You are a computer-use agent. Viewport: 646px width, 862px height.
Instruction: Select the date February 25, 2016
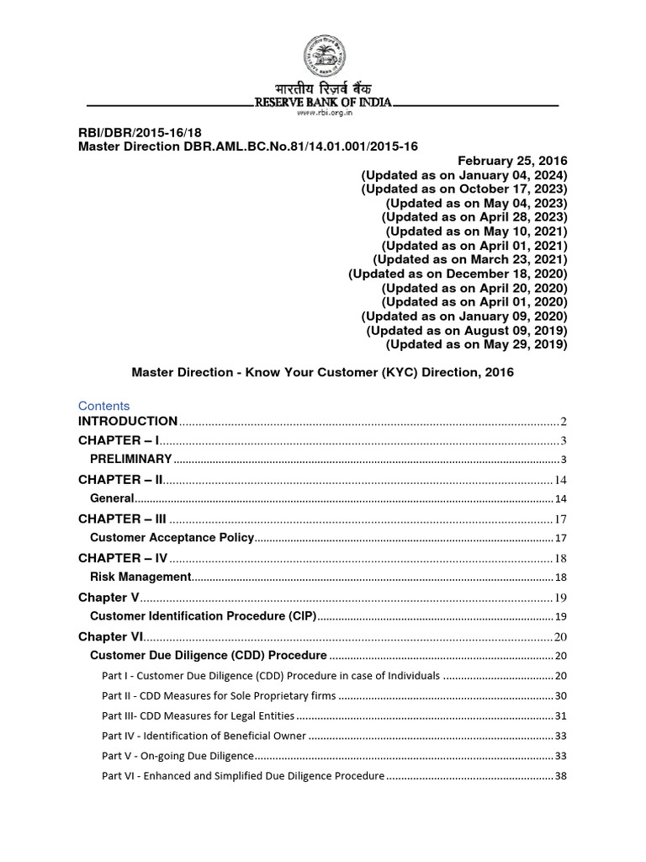point(513,161)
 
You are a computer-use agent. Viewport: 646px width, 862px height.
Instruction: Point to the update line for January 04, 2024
point(464,175)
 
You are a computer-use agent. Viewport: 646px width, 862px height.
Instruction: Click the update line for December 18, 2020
point(458,274)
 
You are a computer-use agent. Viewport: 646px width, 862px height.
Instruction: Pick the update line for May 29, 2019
point(476,344)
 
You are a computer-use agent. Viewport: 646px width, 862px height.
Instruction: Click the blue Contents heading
point(104,405)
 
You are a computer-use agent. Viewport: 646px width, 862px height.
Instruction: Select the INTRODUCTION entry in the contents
point(128,421)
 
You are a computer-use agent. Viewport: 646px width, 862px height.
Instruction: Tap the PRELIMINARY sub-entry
point(130,459)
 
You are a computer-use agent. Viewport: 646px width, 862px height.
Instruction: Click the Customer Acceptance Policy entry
point(172,537)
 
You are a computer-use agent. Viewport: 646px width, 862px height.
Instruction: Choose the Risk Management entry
point(140,577)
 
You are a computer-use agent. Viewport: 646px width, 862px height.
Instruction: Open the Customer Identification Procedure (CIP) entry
point(203,616)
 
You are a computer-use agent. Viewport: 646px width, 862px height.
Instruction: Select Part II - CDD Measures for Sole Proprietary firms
point(219,696)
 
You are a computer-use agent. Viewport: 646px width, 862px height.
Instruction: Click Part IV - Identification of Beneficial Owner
point(204,736)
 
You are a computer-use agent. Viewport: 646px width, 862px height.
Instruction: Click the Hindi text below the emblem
point(323,88)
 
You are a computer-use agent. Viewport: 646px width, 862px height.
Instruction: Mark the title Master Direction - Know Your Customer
point(323,371)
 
